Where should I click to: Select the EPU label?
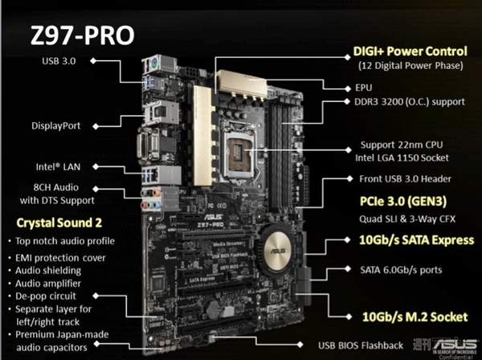pyautogui.click(x=366, y=84)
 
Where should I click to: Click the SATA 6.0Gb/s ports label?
pyautogui.click(x=398, y=270)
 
